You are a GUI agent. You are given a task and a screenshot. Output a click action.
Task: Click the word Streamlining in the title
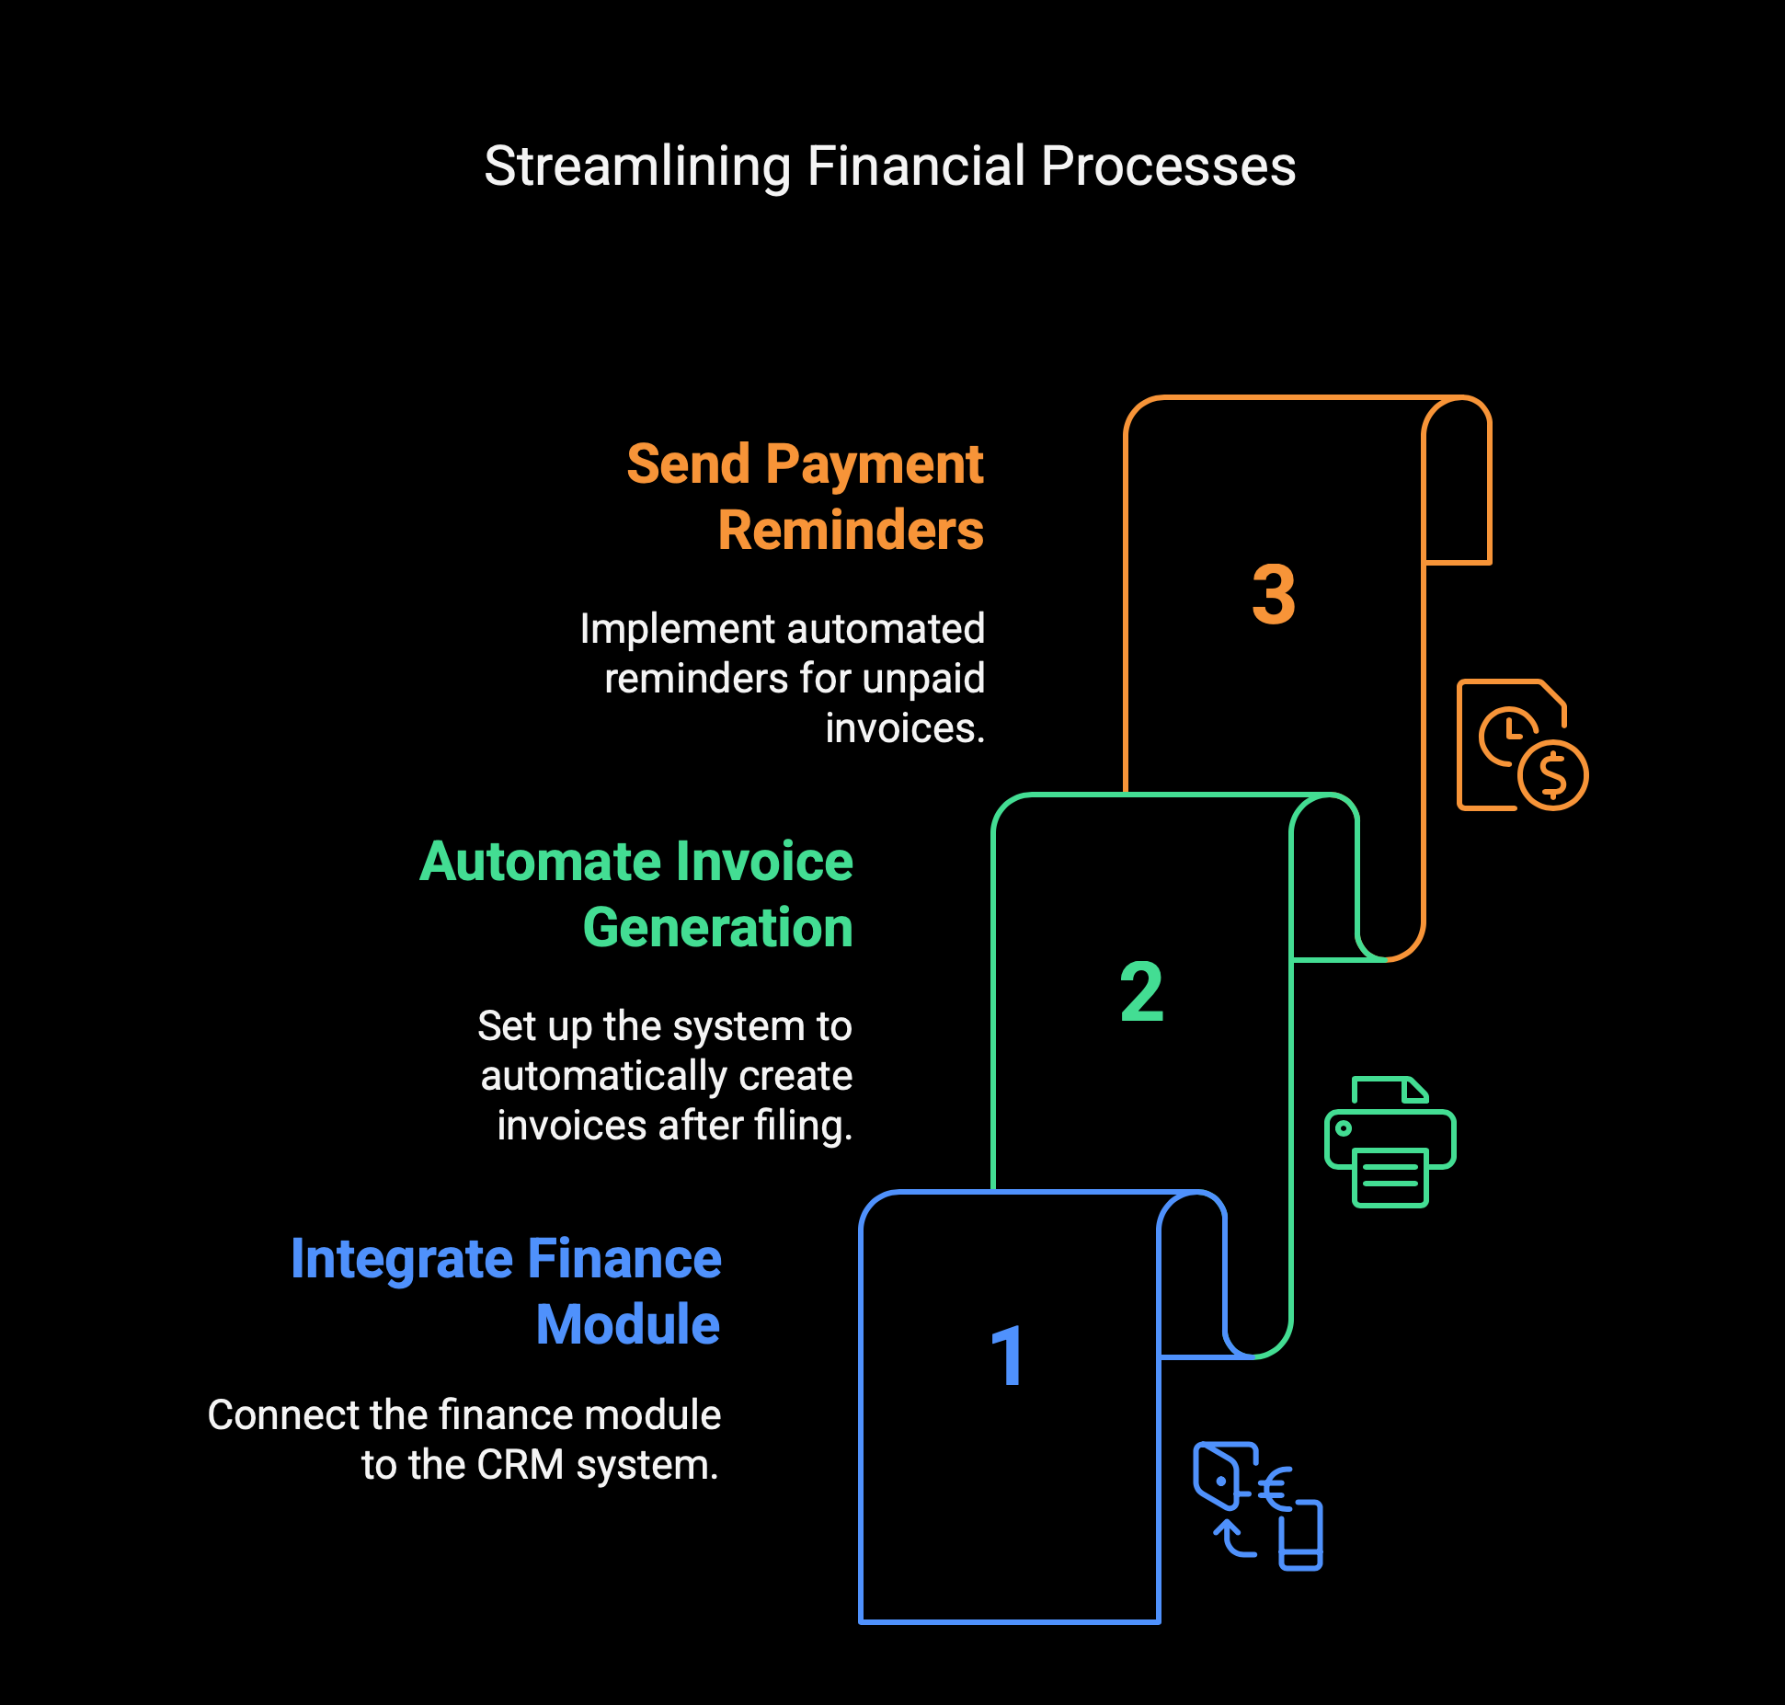click(637, 167)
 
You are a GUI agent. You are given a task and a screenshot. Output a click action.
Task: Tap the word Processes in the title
click(1168, 166)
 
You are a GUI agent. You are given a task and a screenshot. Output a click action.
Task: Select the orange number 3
click(1274, 595)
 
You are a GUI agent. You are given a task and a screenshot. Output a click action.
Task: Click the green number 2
click(1141, 991)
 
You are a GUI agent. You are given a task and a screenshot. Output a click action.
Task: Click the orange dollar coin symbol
click(1553, 775)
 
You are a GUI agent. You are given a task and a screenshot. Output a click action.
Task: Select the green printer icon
click(1390, 1141)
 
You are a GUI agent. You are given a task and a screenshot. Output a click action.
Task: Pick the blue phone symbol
click(1301, 1535)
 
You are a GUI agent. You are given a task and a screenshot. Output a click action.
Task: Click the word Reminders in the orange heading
click(851, 531)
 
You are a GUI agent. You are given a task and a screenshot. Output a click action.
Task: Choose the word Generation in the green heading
click(718, 928)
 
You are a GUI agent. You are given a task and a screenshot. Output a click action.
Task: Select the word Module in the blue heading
click(628, 1325)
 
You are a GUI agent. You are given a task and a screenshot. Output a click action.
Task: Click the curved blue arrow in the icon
click(1233, 1538)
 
